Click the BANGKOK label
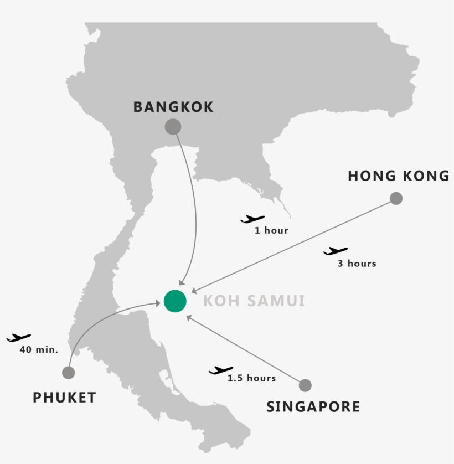[x=173, y=107]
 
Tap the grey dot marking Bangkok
[x=173, y=127]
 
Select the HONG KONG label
[x=399, y=176]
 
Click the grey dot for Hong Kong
[x=396, y=198]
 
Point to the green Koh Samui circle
[x=175, y=301]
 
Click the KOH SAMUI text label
[x=254, y=301]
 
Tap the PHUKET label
[x=64, y=397]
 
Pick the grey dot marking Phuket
[x=69, y=373]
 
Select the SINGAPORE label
[x=313, y=407]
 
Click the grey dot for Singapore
[x=305, y=385]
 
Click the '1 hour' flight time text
[x=271, y=230]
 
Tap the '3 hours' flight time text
[x=357, y=264]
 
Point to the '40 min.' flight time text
[x=39, y=349]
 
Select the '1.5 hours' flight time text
[x=251, y=378]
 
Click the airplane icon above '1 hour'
[x=252, y=219]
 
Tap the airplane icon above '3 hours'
[x=336, y=251]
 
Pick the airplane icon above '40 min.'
[x=19, y=337]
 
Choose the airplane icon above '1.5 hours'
[x=221, y=370]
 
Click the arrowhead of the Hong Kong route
[x=193, y=291]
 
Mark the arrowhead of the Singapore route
[x=189, y=317]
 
